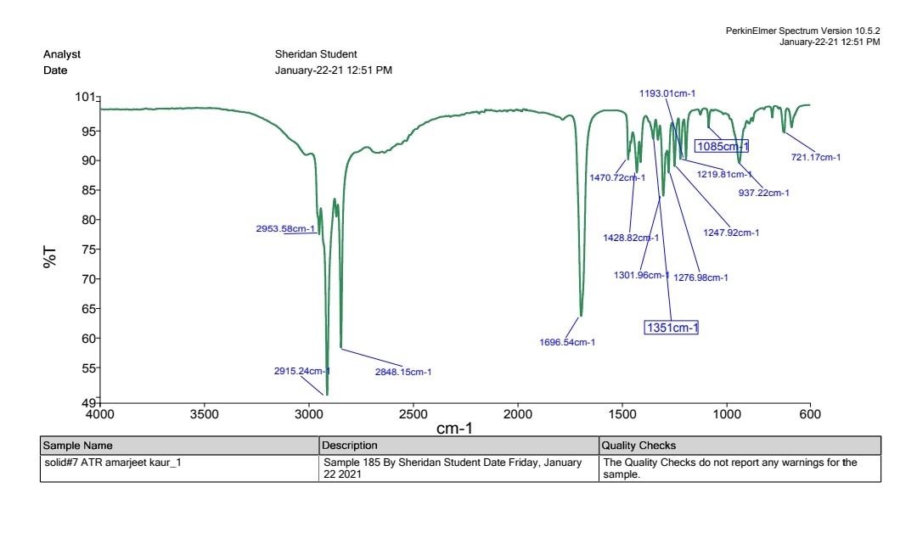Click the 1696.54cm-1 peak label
click(567, 343)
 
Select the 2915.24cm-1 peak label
click(301, 371)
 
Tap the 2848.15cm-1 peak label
click(403, 372)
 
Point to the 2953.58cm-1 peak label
click(285, 229)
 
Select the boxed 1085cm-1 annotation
click(722, 146)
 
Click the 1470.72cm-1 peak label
click(617, 177)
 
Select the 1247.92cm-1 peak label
click(730, 233)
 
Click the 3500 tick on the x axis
click(205, 413)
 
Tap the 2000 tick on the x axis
click(518, 413)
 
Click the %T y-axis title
click(52, 259)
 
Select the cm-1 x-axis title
click(455, 429)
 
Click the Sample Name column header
click(78, 445)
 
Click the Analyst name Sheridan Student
click(316, 55)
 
